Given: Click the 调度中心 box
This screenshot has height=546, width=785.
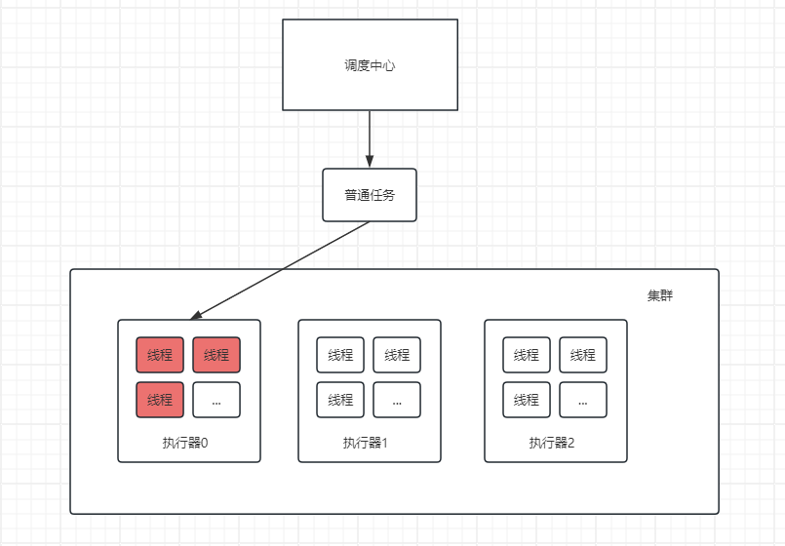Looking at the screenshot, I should coord(370,65).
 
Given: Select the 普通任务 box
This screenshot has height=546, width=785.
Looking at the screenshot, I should coord(370,195).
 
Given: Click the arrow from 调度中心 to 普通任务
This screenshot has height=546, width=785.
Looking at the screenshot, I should coord(370,136).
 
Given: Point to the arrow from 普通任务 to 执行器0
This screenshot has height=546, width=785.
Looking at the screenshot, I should coord(283,269).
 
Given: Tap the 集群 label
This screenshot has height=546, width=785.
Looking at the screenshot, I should coord(659,295).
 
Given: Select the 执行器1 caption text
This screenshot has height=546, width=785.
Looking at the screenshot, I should coord(366,443).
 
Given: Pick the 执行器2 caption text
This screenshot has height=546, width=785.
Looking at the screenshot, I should coord(552,443).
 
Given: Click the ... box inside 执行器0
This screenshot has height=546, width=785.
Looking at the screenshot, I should coord(216,400).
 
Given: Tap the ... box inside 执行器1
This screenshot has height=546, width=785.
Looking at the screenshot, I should coord(397,400).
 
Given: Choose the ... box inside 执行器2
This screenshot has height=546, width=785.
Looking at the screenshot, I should coord(583,400).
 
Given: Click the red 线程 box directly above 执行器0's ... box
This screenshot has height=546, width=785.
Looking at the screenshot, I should coord(216,355).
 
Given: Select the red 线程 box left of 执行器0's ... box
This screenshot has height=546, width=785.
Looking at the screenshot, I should coord(160,400).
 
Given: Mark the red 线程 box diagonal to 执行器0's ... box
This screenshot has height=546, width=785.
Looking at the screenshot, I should coord(160,355).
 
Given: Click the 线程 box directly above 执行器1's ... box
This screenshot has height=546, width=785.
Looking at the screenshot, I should coord(397,355).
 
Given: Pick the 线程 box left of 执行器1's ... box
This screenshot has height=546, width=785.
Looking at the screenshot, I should coord(340,400).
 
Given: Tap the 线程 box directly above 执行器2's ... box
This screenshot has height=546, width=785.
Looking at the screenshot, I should coord(583,355).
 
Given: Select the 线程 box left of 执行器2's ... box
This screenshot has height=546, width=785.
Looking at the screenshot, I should coord(527,400).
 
